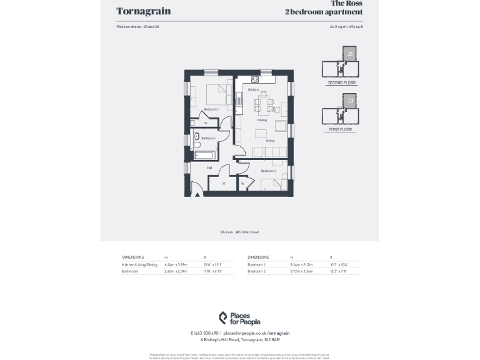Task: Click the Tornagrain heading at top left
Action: click(x=143, y=11)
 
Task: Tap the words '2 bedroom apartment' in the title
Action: click(x=323, y=12)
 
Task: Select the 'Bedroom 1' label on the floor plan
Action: click(x=211, y=109)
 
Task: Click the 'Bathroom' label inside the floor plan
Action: click(x=208, y=138)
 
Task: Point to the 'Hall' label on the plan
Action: click(x=209, y=167)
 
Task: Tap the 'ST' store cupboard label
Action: click(x=224, y=184)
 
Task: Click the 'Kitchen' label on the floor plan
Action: click(x=253, y=90)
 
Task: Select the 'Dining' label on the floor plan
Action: click(x=262, y=120)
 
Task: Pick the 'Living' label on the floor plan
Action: click(x=270, y=141)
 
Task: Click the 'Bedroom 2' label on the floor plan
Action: click(x=268, y=171)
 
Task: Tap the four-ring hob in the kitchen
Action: click(x=255, y=79)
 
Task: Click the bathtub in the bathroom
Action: click(x=205, y=154)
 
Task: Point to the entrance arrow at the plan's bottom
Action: click(x=198, y=194)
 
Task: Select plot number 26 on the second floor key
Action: click(x=350, y=54)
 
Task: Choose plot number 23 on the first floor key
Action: click(x=350, y=101)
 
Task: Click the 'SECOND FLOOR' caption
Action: click(x=341, y=83)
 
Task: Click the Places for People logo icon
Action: click(x=223, y=318)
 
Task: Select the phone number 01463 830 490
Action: click(x=204, y=333)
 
